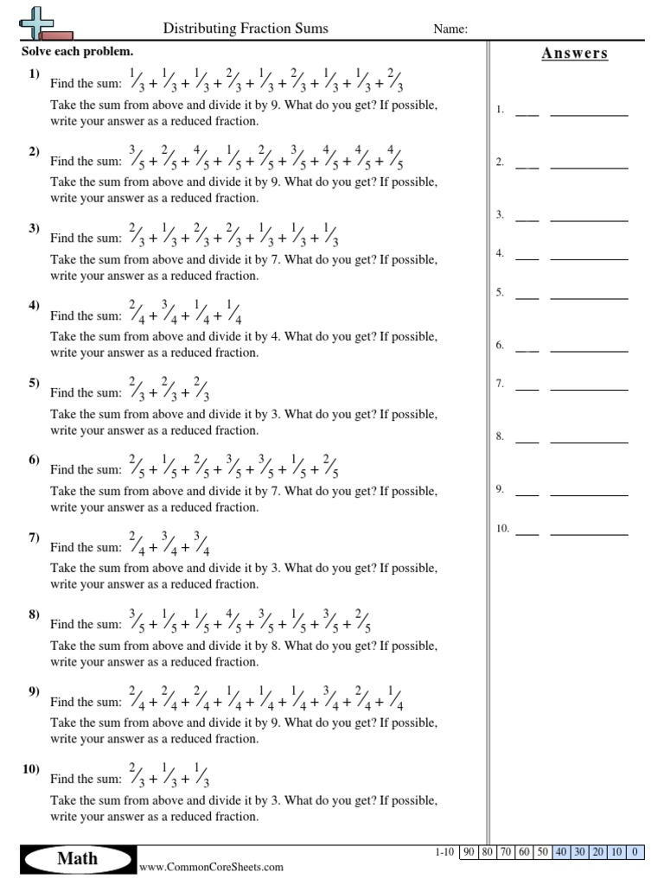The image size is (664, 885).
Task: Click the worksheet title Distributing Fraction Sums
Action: (246, 29)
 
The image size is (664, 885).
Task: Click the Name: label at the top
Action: (450, 29)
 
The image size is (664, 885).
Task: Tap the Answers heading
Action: (575, 54)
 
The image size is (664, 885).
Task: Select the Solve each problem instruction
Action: (77, 52)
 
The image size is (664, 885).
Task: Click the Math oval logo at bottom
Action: (77, 858)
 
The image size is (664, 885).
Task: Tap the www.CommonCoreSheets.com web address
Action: (211, 867)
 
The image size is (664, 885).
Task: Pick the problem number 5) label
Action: (35, 383)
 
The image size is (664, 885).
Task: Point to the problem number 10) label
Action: (32, 769)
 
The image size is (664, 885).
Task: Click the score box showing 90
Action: (469, 852)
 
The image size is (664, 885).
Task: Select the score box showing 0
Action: (635, 852)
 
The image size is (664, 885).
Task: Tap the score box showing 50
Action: (542, 852)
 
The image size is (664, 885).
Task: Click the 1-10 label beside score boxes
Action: (444, 852)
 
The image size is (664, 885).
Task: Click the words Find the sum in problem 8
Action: (86, 625)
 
